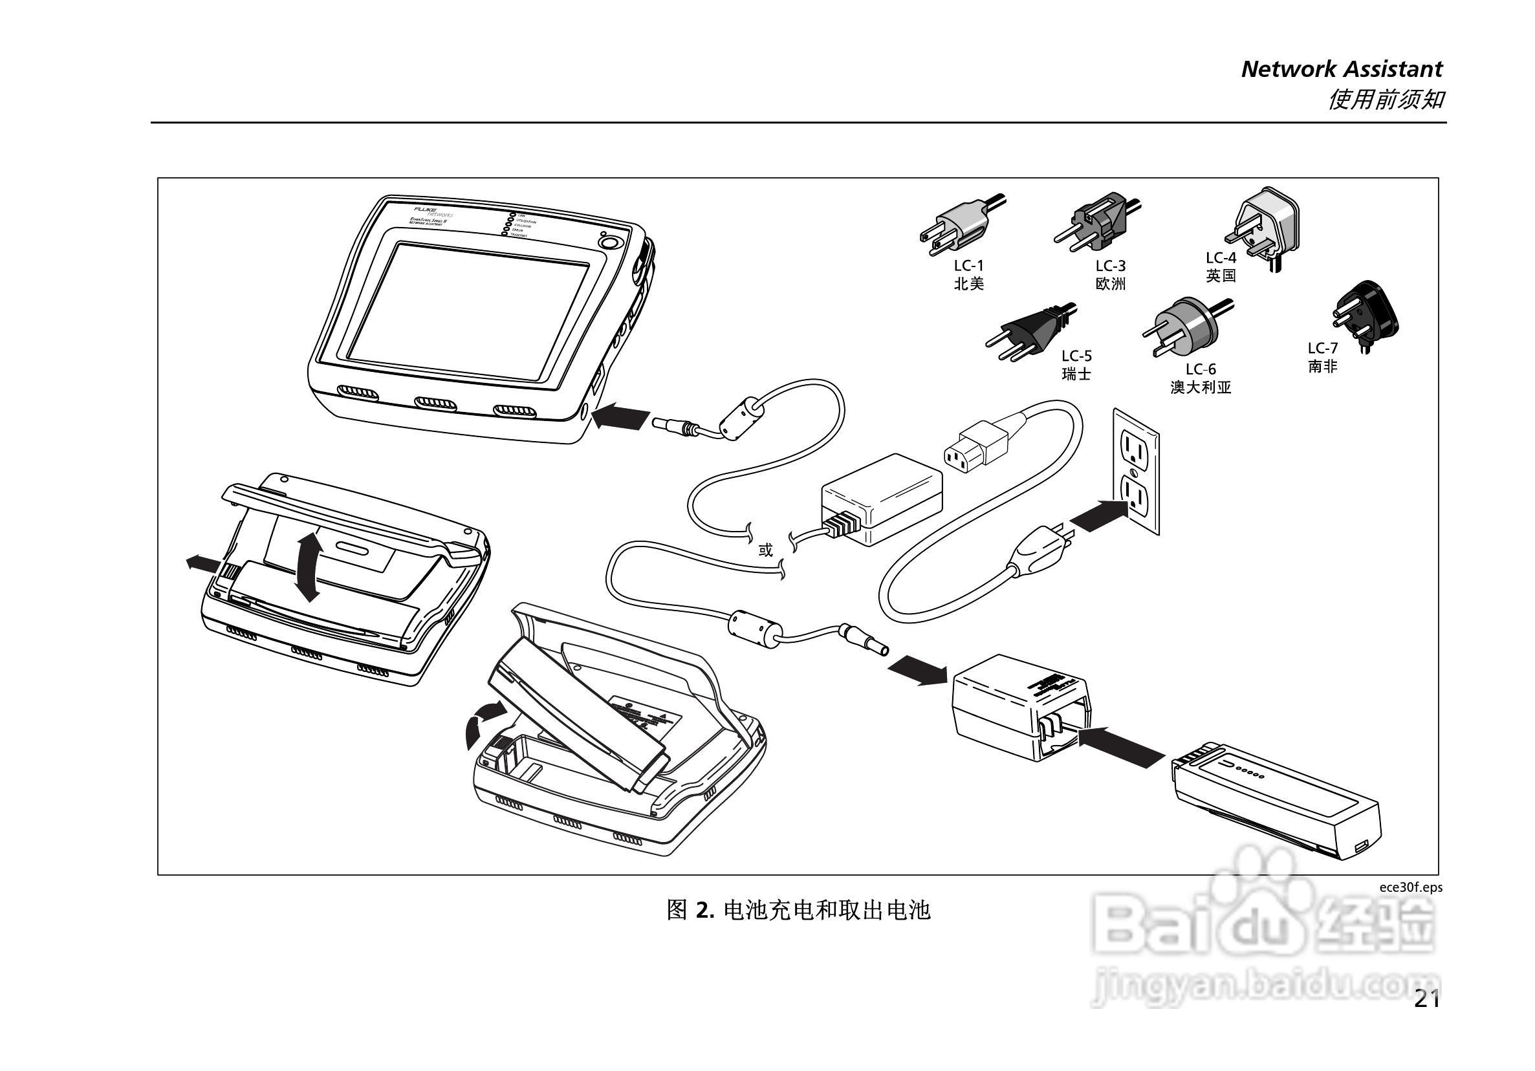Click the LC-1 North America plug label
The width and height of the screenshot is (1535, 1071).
tap(969, 275)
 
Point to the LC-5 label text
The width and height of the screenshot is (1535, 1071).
tap(1076, 356)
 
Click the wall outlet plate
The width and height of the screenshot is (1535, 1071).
tap(1135, 471)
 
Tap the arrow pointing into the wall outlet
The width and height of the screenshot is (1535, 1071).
tap(1097, 514)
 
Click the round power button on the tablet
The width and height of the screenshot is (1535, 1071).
tap(607, 241)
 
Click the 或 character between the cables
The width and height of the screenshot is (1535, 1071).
tap(765, 550)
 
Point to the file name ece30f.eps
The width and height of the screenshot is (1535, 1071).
tap(1411, 887)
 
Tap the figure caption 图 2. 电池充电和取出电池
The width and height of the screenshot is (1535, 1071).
tap(798, 910)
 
